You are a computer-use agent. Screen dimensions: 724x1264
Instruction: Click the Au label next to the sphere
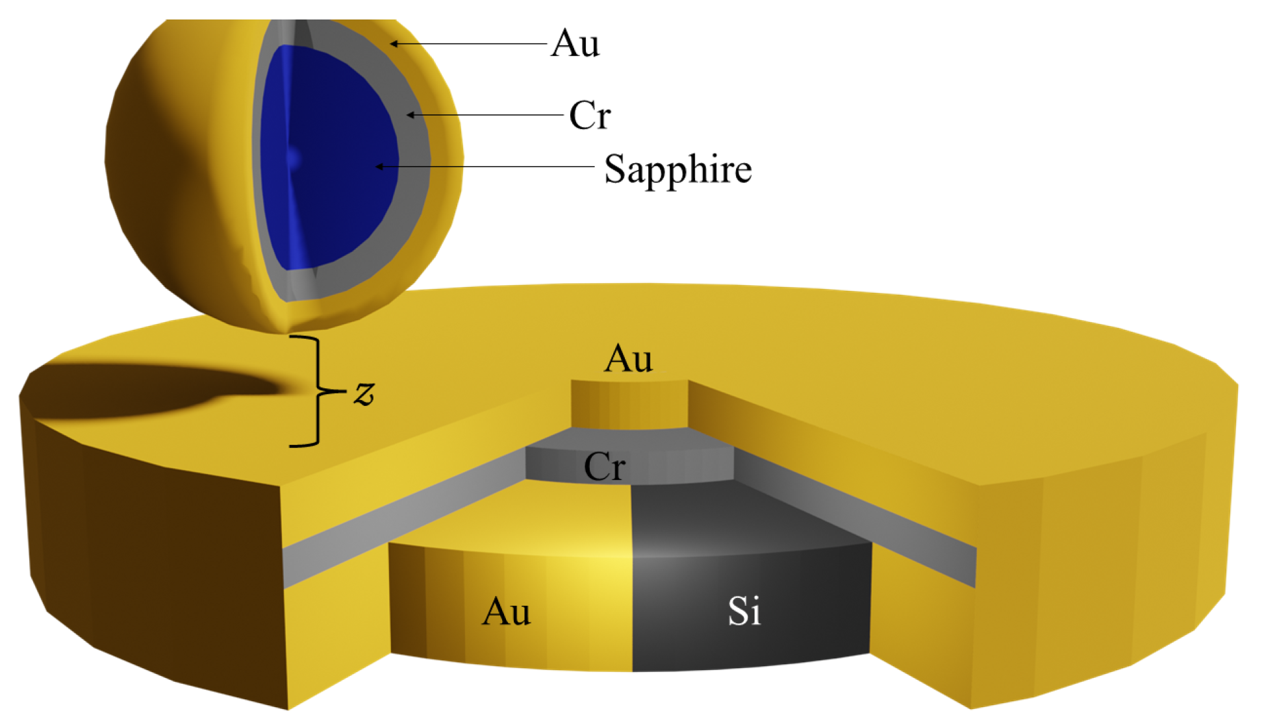(x=575, y=44)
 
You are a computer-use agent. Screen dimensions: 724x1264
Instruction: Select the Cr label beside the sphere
(x=590, y=116)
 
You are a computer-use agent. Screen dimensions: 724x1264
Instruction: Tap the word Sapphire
(x=677, y=169)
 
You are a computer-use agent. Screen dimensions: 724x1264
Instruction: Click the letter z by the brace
(x=364, y=393)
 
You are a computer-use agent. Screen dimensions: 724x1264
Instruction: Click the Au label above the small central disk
(x=628, y=358)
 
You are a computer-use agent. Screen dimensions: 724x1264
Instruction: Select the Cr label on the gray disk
(x=605, y=466)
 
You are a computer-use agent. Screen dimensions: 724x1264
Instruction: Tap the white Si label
(x=744, y=611)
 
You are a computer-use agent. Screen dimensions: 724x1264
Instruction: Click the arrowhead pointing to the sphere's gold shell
(x=394, y=44)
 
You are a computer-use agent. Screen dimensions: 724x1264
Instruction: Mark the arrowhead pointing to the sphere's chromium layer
(x=411, y=116)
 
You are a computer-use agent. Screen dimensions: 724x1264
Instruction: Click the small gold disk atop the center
(x=629, y=405)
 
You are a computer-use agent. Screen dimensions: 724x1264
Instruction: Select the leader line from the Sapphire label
(x=487, y=167)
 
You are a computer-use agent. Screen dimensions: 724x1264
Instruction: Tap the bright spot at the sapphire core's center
(x=293, y=158)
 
